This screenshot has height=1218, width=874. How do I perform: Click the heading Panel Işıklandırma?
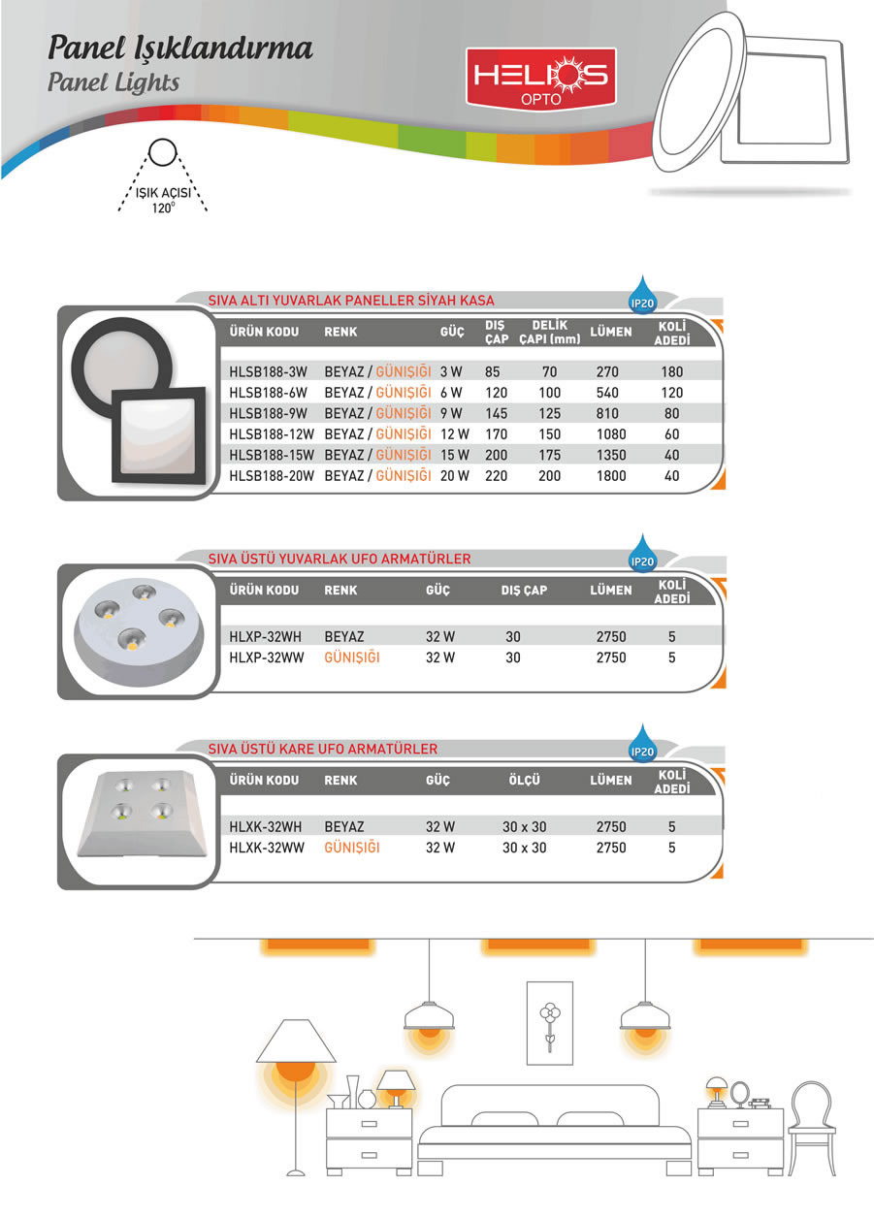point(180,48)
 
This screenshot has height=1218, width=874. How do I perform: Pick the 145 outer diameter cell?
point(496,412)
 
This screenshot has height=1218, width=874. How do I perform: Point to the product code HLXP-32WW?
point(265,657)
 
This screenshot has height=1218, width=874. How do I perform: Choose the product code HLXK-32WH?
point(265,827)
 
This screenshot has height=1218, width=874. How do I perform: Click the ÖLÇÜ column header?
point(524,780)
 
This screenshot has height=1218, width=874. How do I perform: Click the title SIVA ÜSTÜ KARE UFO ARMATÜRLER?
point(323,749)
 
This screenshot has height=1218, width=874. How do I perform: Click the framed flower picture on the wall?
point(550,1019)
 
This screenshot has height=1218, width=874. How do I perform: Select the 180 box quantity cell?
point(671,371)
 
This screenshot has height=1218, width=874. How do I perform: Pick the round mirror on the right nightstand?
point(741,1095)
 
